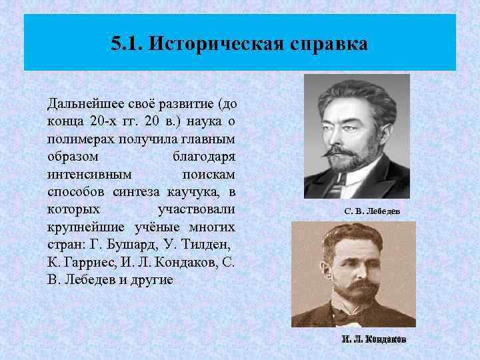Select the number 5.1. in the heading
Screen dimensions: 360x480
[x=128, y=45]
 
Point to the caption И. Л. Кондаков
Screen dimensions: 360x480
[x=373, y=339]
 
